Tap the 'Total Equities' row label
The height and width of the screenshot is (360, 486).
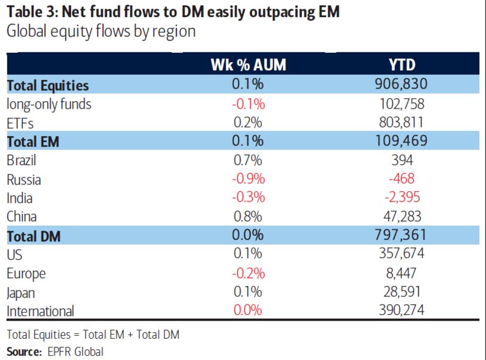point(48,86)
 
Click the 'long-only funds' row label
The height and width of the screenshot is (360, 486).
point(49,104)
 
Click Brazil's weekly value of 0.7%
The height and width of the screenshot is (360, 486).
point(248,160)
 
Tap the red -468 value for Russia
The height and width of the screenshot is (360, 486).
point(400,179)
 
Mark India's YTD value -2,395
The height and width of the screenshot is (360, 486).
point(400,198)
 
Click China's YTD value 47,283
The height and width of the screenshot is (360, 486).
point(400,217)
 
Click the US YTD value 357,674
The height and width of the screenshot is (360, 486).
point(400,254)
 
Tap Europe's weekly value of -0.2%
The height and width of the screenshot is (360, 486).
point(248,273)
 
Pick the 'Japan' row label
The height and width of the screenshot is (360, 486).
point(21,293)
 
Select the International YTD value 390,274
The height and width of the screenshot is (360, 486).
point(400,311)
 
